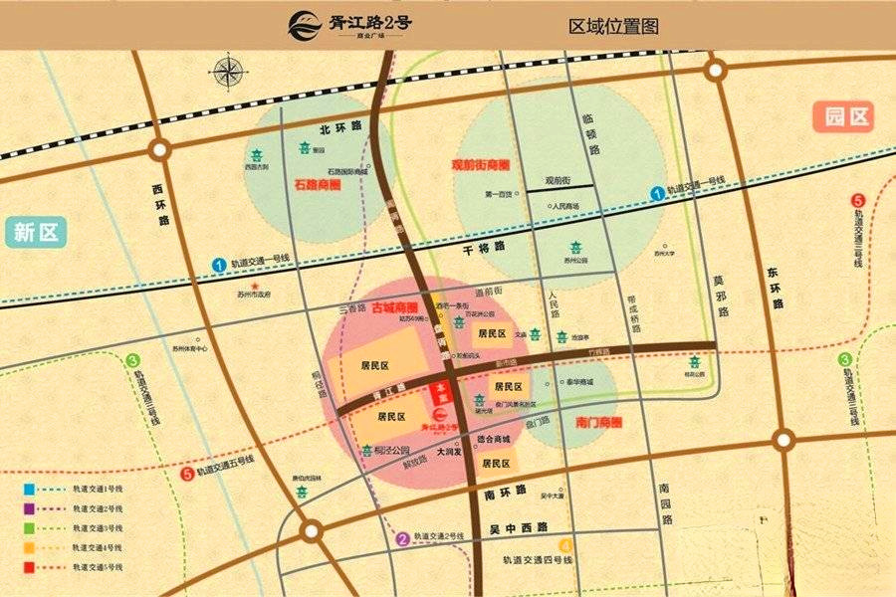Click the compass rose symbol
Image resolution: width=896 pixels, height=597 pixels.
coord(228,72)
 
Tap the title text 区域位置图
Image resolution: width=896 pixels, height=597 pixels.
coord(613,25)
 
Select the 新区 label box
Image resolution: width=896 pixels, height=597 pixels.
coord(38,233)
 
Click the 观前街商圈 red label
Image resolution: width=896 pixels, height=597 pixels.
coord(480,164)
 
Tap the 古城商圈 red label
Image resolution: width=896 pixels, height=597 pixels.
coord(394,308)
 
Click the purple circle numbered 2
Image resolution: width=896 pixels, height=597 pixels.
coord(402,539)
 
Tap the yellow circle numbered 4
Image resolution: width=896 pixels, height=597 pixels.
coord(565,545)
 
